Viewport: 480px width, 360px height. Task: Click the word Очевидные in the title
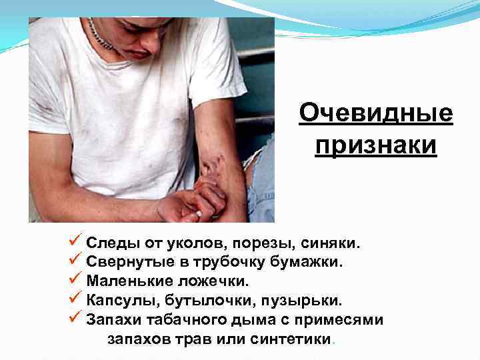[376, 114]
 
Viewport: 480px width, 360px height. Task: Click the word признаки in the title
[376, 145]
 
